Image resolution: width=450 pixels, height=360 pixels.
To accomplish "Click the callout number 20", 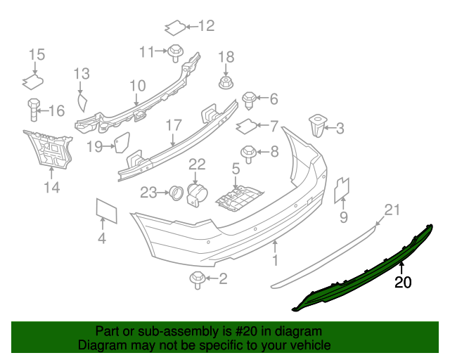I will [403, 283].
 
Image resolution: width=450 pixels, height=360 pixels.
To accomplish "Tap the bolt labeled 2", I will [196, 280].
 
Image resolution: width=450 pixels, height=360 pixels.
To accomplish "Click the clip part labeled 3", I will [317, 128].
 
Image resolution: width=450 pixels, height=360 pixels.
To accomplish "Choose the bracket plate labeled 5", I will [238, 198].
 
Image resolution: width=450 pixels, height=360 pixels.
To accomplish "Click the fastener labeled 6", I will [248, 99].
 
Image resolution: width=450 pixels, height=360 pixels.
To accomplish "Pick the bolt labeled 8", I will [248, 152].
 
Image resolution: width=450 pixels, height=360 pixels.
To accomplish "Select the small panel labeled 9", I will [342, 188].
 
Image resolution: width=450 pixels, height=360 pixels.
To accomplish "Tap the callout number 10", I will [136, 86].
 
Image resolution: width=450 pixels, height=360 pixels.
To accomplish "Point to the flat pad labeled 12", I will [175, 28].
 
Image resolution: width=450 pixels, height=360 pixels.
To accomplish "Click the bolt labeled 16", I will [34, 110].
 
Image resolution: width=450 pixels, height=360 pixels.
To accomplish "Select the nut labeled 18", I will [226, 83].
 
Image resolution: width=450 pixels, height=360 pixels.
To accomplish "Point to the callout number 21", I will [392, 210].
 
